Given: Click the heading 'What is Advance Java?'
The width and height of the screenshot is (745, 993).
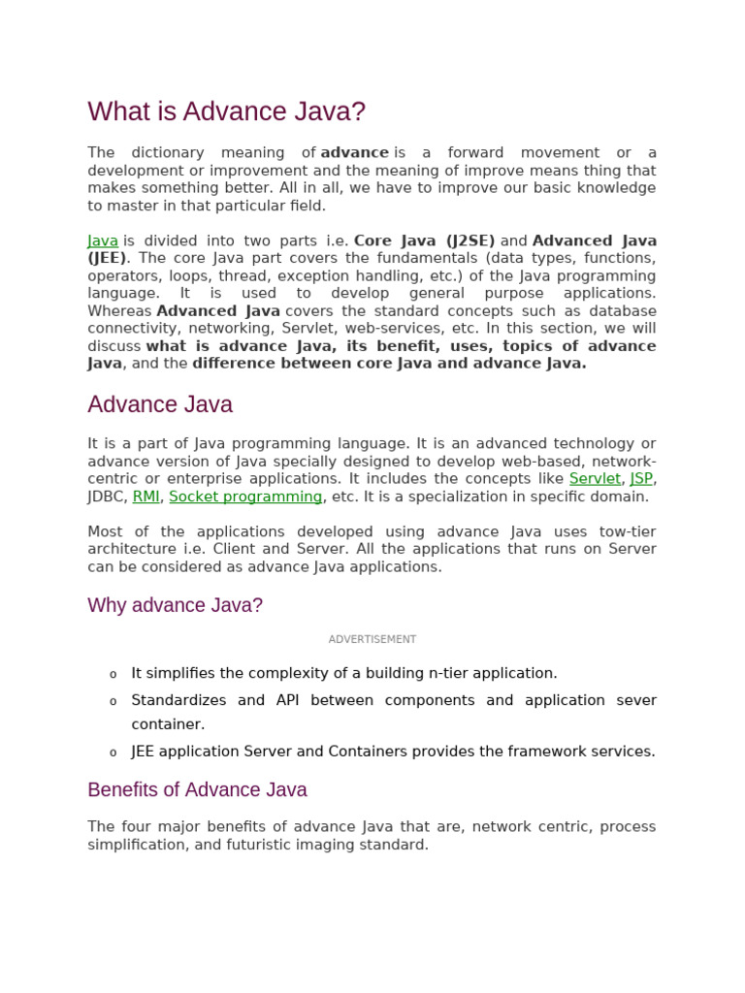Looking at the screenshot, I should (x=226, y=112).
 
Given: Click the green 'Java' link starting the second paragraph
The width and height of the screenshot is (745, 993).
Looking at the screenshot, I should (x=103, y=240).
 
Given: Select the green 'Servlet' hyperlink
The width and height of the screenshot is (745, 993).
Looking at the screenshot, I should (x=595, y=479).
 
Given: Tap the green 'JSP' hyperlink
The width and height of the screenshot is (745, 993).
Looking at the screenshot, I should (x=640, y=479).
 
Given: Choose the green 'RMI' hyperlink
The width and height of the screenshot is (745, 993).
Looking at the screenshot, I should (x=146, y=496).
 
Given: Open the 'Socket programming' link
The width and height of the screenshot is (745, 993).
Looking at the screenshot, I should (x=245, y=496).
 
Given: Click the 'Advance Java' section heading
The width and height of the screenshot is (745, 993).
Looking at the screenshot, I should (x=160, y=404).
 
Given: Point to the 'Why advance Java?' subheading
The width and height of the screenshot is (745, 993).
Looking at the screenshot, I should (x=175, y=605).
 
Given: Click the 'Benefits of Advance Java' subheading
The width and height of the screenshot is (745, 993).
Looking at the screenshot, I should (x=197, y=789).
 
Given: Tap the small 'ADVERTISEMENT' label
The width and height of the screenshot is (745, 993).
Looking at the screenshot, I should (x=372, y=639).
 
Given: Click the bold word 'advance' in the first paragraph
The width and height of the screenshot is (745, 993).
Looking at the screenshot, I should (x=354, y=153).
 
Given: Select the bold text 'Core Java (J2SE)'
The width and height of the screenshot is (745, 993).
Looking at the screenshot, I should (x=424, y=240).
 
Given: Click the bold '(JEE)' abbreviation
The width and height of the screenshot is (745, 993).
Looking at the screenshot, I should (x=107, y=258).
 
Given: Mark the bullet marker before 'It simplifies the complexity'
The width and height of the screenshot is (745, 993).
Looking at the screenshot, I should (x=113, y=675).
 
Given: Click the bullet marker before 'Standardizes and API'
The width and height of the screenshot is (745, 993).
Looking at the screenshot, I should (x=113, y=702).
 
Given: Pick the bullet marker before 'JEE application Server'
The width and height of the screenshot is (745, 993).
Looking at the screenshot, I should (x=113, y=753).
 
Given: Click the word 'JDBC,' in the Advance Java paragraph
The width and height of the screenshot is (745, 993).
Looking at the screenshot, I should (x=108, y=496).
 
